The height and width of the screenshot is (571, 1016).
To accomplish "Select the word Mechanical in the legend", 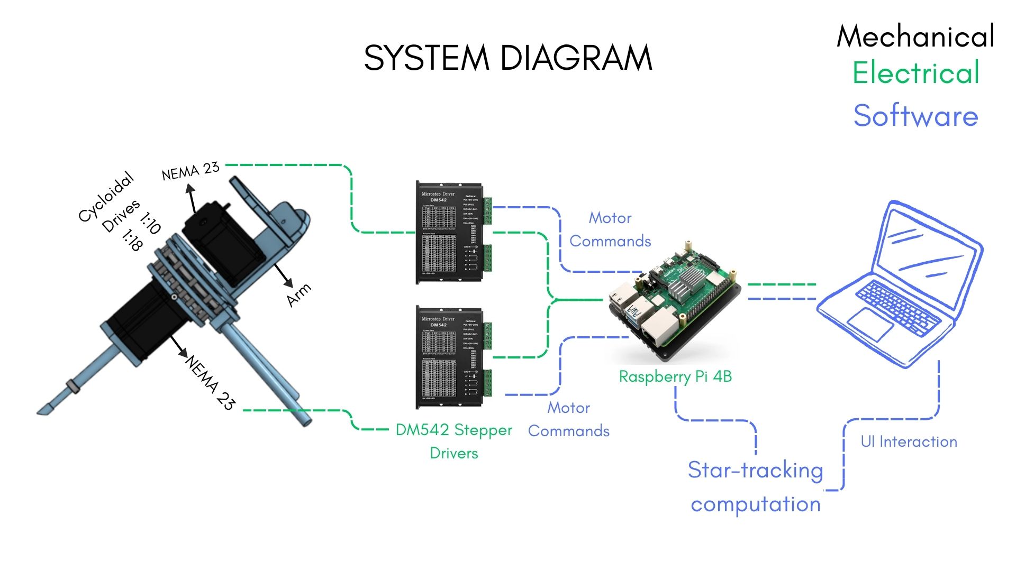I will [915, 36].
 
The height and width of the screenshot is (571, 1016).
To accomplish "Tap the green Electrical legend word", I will [916, 72].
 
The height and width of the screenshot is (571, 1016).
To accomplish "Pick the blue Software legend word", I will [915, 115].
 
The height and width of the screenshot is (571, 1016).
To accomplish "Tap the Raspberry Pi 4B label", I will [675, 376].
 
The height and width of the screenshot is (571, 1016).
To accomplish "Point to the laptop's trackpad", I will [870, 324].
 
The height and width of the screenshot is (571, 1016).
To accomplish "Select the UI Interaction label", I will [909, 441].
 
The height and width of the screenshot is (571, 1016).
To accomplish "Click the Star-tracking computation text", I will [756, 486].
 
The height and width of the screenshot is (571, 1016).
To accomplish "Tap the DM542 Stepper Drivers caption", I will [453, 441].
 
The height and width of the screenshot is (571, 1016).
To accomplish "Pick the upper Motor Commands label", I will [610, 229].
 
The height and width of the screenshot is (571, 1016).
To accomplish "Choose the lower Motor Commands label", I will [569, 419].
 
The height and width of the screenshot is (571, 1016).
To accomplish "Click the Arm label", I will [298, 295].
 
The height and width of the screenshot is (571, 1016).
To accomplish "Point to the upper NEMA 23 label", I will [190, 171].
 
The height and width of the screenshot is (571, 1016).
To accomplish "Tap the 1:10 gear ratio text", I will [151, 223].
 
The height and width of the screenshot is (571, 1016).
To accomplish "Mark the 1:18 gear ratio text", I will [132, 240].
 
